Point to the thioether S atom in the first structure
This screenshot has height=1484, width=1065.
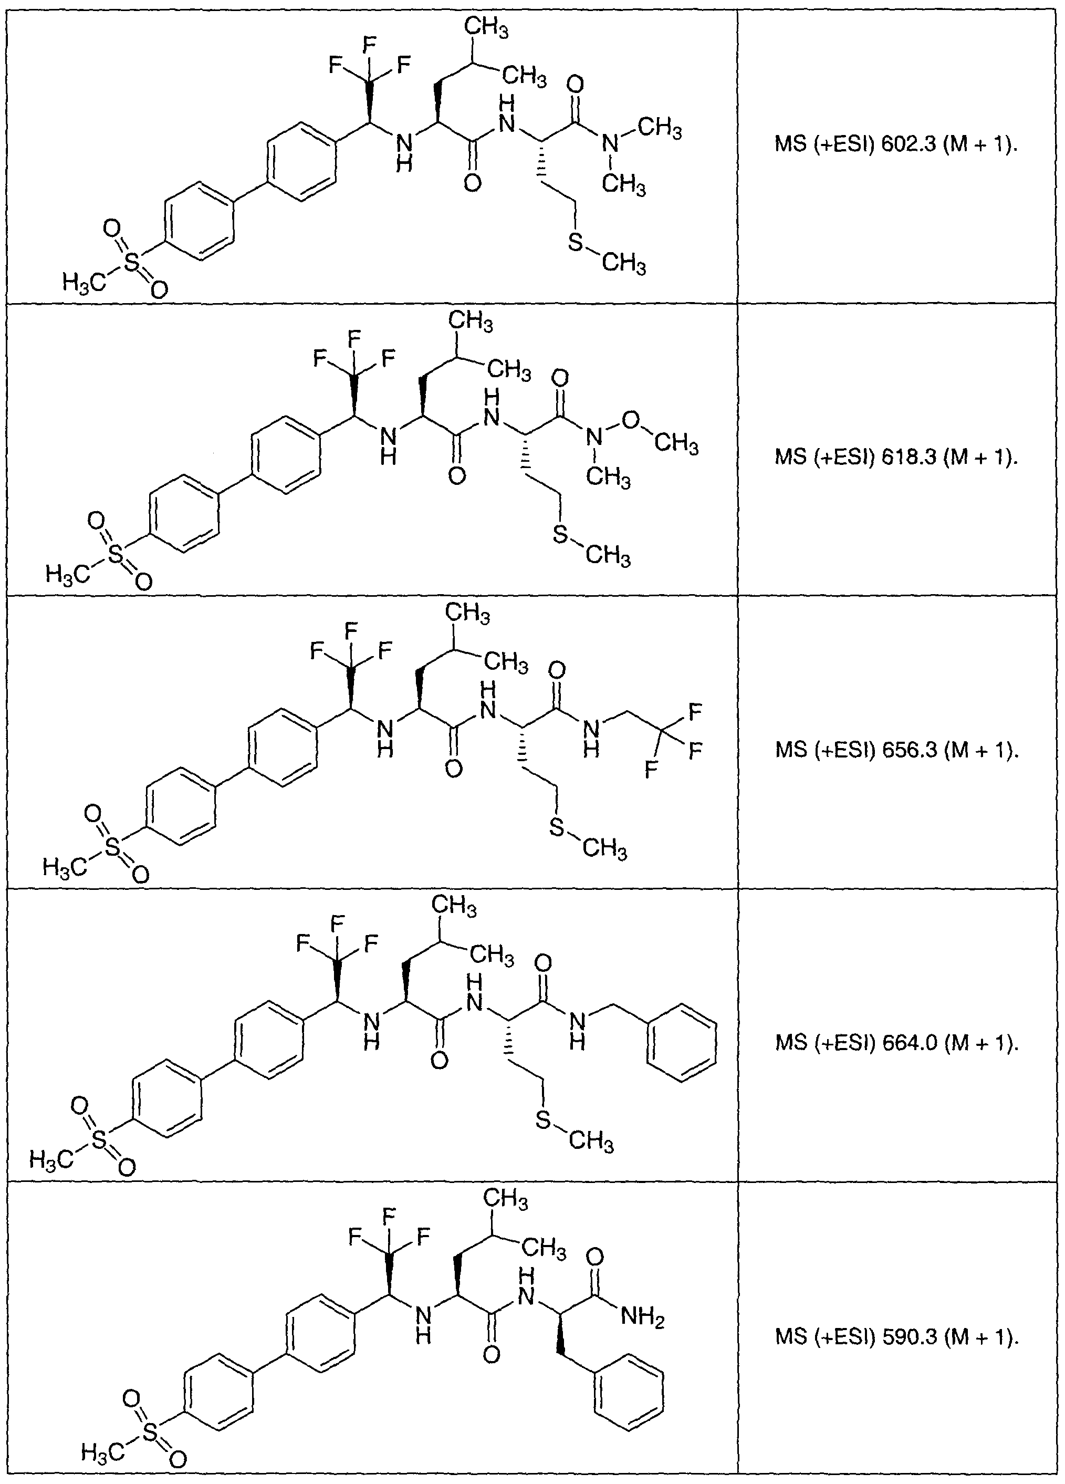tap(576, 243)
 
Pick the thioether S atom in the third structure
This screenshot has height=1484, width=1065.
tap(557, 828)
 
